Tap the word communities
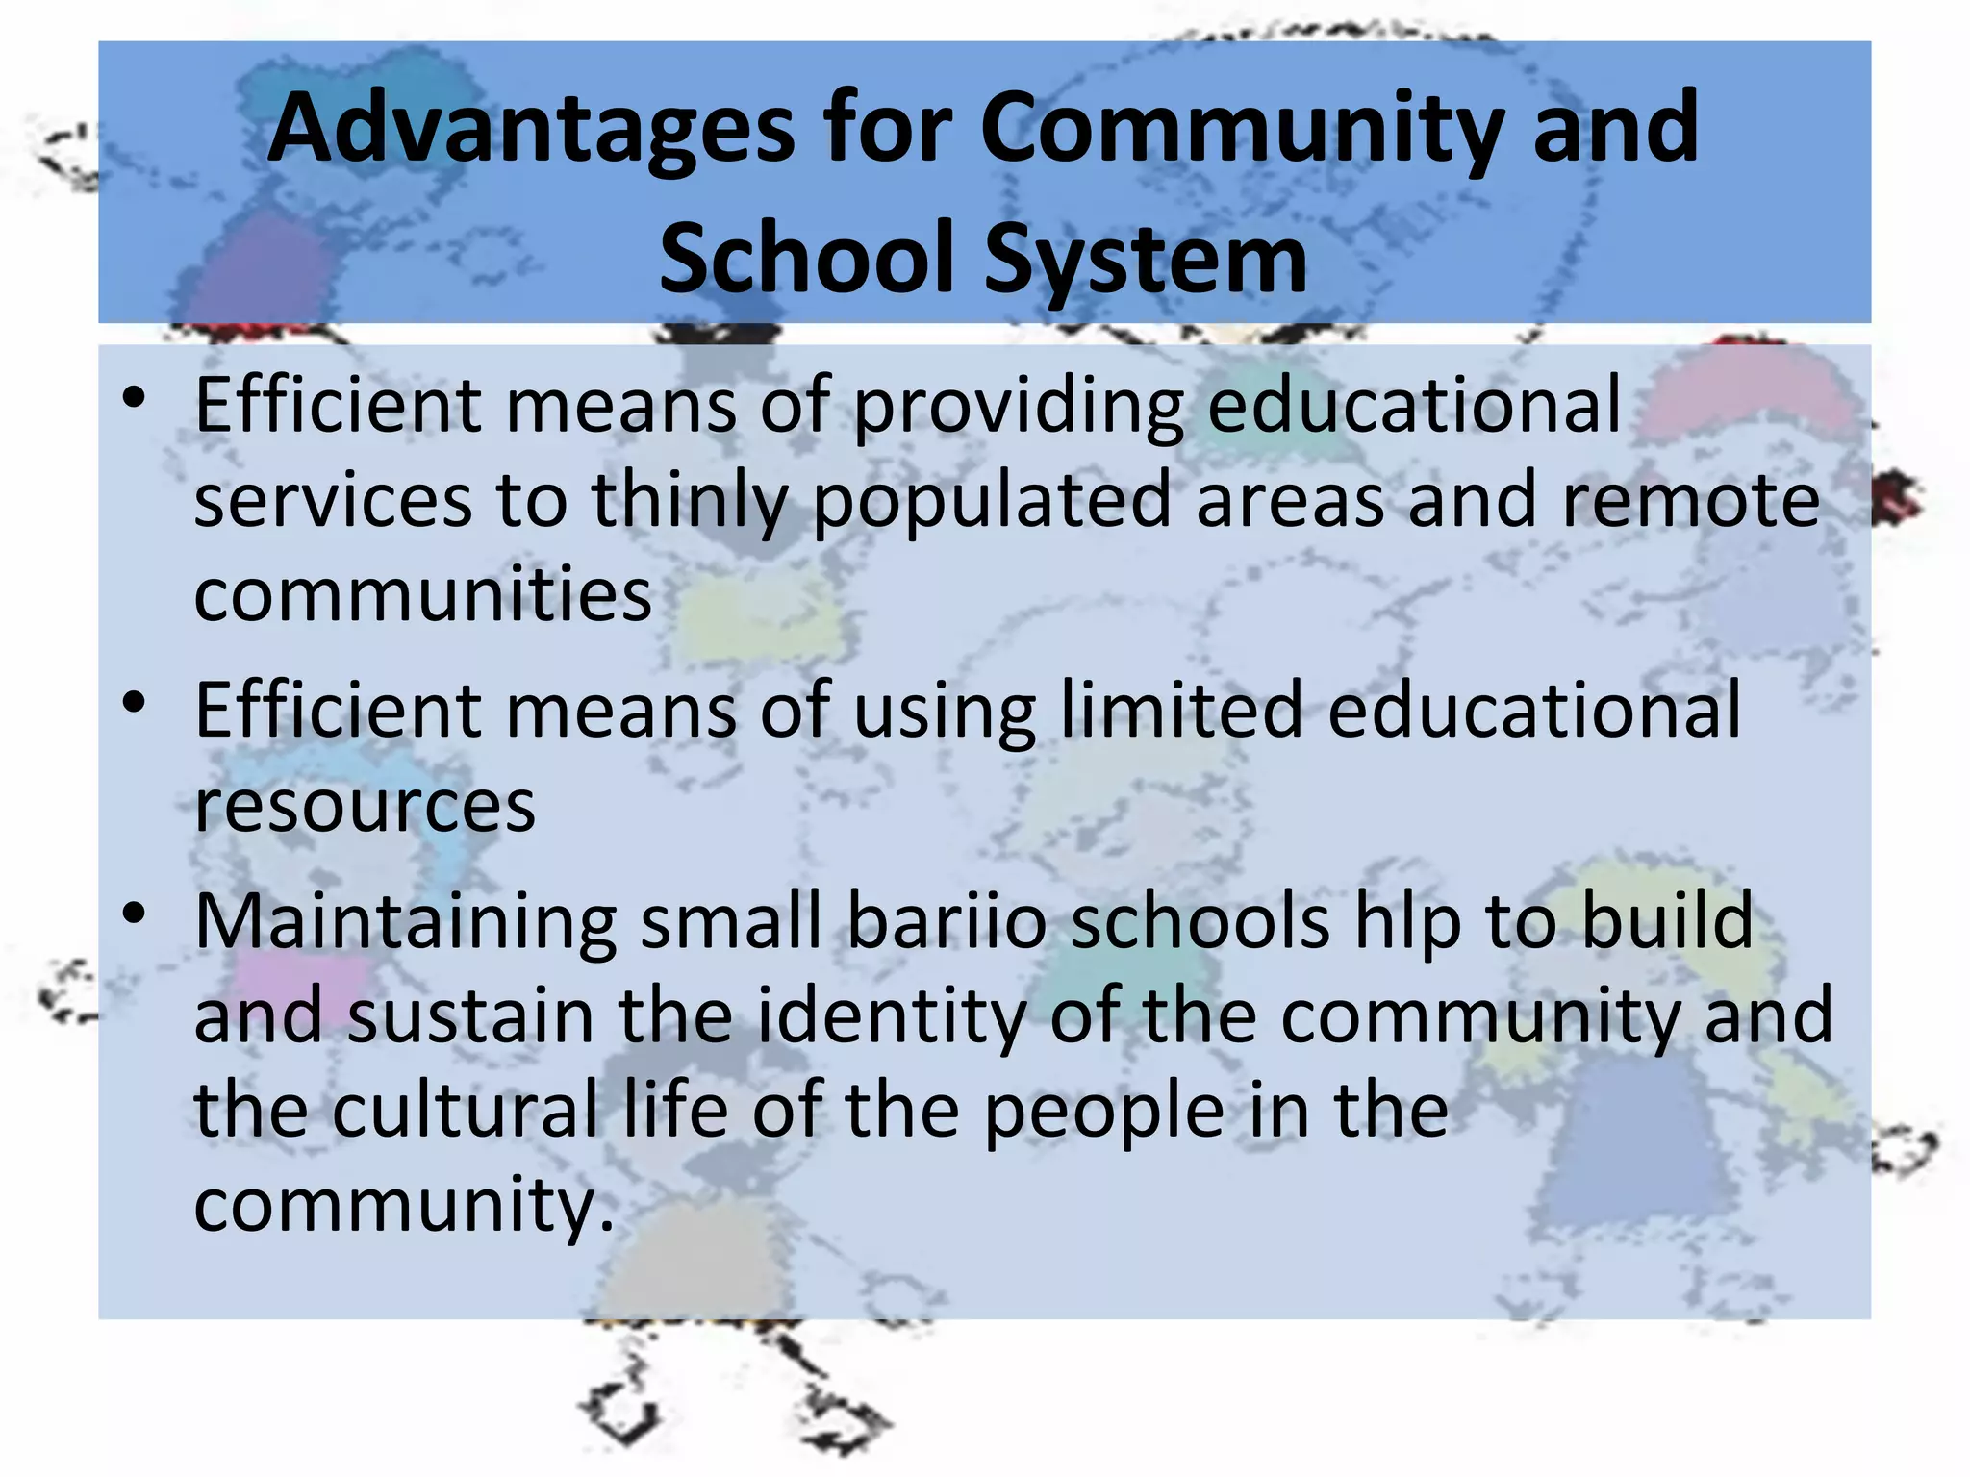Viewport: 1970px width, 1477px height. coord(423,594)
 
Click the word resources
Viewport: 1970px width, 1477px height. coord(365,806)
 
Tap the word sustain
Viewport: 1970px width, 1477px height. coord(470,1016)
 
